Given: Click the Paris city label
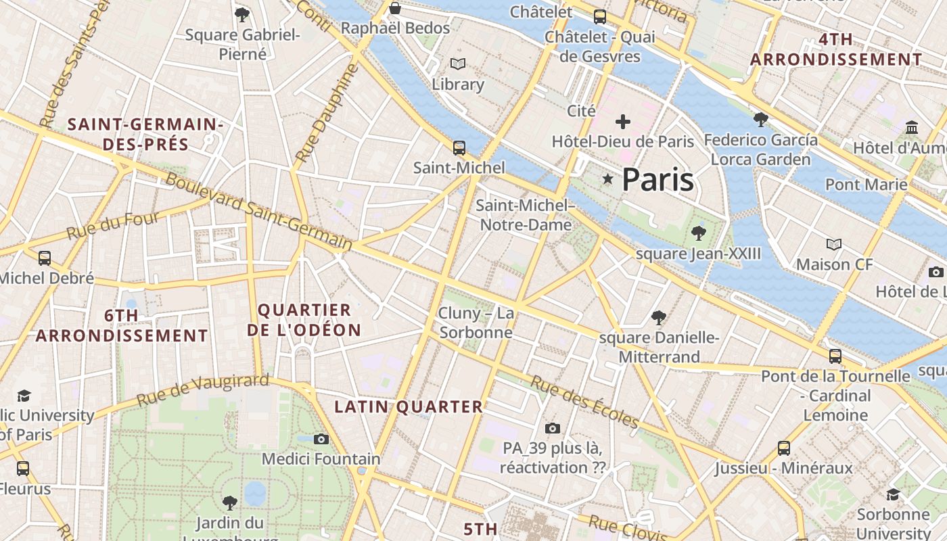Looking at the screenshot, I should tap(657, 180).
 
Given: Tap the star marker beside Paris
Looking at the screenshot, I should tap(608, 179).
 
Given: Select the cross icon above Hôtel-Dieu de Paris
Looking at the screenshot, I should tap(623, 122).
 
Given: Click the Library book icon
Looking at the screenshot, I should tap(458, 64).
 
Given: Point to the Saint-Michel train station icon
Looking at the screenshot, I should tap(459, 147).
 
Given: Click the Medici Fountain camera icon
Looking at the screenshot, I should tap(321, 440).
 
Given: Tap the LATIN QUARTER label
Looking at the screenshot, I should tap(409, 407).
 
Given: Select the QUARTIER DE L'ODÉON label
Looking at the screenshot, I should tap(304, 321).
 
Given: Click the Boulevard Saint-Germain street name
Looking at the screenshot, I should tap(259, 211).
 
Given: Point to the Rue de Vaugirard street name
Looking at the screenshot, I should tap(203, 390).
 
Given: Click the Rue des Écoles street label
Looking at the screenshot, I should tap(584, 402).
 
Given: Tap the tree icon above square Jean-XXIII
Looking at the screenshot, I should tap(699, 233).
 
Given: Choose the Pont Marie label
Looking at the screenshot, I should tap(866, 184).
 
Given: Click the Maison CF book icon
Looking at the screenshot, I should tap(835, 244).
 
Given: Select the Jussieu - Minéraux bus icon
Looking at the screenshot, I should tap(784, 448).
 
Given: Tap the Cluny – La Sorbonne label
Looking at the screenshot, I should tap(476, 323).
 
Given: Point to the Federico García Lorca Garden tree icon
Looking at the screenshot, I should tap(760, 120).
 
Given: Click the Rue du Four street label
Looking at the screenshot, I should tap(113, 225).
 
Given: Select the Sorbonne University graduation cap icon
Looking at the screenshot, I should tap(893, 494).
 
